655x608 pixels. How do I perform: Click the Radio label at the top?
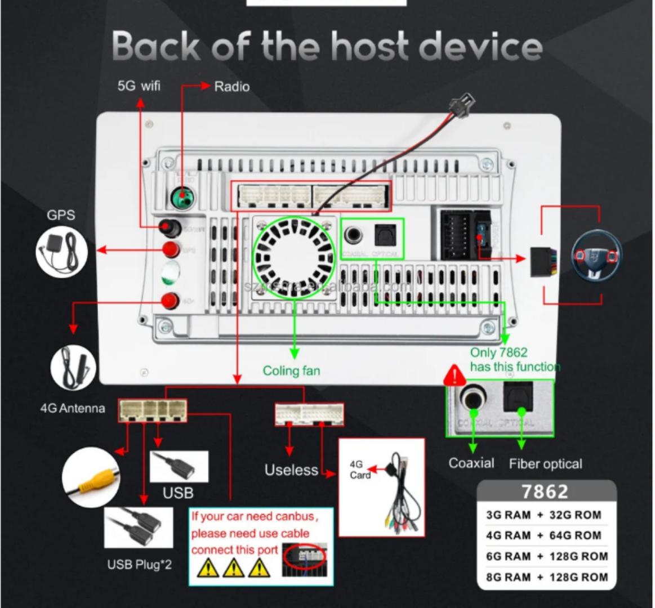pos(231,86)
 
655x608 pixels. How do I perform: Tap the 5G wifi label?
pos(139,86)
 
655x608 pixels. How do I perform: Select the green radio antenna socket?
pos(182,198)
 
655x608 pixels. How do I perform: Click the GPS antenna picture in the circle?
pos(61,251)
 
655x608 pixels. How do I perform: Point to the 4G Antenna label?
pos(72,408)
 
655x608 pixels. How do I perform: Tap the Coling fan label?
pos(291,370)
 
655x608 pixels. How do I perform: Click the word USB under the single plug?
pos(178,493)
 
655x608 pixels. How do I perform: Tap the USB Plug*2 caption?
pos(139,564)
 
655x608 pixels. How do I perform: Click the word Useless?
pos(291,470)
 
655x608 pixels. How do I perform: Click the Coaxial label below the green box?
pos(471,463)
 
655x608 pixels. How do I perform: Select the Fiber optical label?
pos(545,464)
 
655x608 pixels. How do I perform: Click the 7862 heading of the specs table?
pos(545,492)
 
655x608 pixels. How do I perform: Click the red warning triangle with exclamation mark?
pos(454,375)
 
